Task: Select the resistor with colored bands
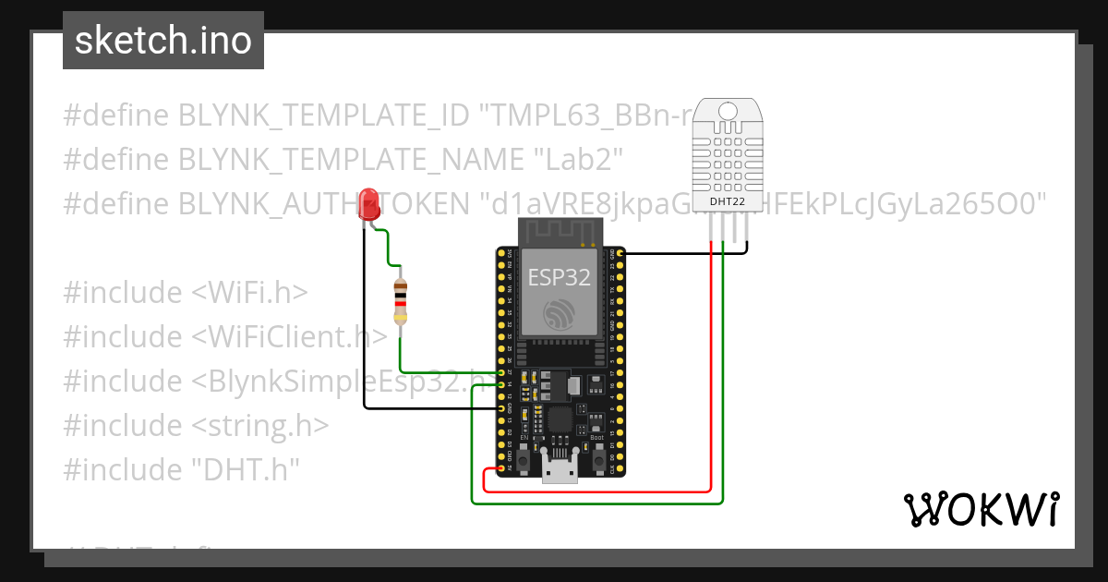(400, 299)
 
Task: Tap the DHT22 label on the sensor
(728, 201)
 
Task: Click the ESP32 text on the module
(559, 277)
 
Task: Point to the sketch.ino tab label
(163, 41)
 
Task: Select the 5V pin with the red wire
(501, 468)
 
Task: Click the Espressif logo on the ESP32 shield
(560, 314)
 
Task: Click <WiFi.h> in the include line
(249, 293)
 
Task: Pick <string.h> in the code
(260, 425)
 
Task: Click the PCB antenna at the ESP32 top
(560, 232)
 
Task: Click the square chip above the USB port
(560, 420)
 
